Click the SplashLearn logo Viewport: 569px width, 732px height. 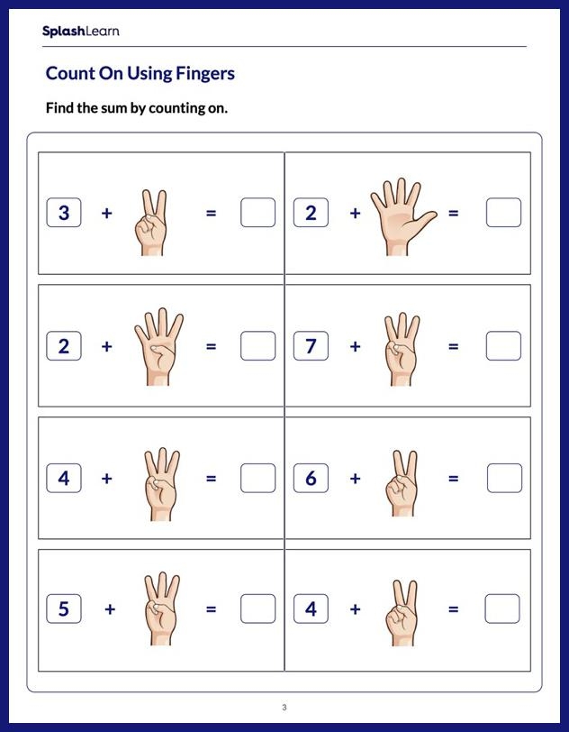[x=80, y=32]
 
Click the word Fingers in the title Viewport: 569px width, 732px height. [x=204, y=73]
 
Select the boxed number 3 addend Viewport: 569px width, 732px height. [x=64, y=214]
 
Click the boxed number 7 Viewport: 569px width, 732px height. [x=311, y=346]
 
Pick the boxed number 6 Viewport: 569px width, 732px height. [x=311, y=479]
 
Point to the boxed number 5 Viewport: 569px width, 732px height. [x=64, y=609]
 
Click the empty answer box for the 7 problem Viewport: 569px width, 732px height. [x=503, y=346]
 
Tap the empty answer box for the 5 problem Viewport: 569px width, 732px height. [x=257, y=609]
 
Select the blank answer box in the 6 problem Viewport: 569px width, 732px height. [x=503, y=479]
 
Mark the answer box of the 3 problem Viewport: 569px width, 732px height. [x=257, y=214]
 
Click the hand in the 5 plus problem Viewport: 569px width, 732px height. [x=160, y=609]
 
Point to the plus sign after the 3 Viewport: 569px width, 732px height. [x=107, y=214]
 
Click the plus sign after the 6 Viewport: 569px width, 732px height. [x=355, y=479]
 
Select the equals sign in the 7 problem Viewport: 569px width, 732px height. [x=453, y=346]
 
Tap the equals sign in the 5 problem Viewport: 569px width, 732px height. [x=211, y=609]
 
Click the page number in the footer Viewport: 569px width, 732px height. [x=284, y=707]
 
